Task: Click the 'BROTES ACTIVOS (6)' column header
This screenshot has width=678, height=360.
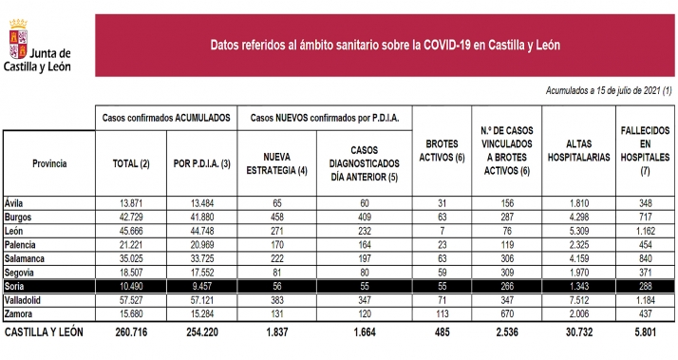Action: click(440, 157)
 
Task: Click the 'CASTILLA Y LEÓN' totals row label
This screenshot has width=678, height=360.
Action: click(45, 334)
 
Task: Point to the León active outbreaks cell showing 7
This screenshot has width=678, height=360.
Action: click(440, 231)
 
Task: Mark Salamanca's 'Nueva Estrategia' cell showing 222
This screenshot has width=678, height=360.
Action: click(278, 257)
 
